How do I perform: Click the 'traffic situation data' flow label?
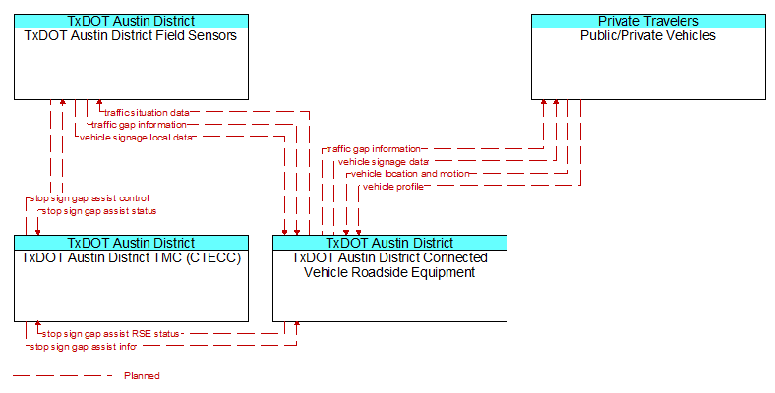147,113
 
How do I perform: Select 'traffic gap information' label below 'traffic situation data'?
139,125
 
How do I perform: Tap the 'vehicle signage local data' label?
136,138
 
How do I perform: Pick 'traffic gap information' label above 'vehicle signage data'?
374,149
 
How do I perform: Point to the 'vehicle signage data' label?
384,162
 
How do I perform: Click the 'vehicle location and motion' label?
410,174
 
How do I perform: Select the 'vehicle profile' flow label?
393,187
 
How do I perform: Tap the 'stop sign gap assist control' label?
89,198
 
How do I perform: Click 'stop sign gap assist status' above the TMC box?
99,211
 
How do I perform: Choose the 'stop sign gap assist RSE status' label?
111,334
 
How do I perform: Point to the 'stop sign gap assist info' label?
83,347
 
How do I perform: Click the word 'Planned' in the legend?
142,376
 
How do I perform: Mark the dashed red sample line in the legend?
63,376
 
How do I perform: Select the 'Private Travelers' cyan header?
648,21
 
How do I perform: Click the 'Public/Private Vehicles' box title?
648,35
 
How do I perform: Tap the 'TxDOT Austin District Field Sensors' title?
131,35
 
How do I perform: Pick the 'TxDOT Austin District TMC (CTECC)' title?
131,257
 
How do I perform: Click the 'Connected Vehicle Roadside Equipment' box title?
389,265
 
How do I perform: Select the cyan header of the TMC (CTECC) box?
131,243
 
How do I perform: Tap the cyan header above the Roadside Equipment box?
390,243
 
